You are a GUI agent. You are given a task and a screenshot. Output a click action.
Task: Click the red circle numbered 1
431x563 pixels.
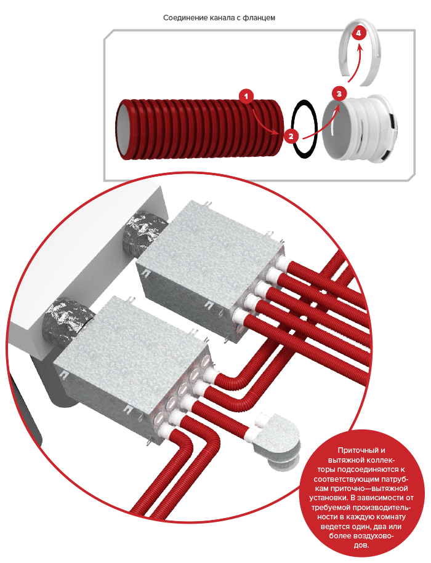pyautogui.click(x=246, y=96)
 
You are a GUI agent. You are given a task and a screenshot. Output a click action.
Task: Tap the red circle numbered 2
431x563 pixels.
pyautogui.click(x=291, y=136)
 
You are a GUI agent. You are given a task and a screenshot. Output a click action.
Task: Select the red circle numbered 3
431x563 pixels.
pyautogui.click(x=339, y=94)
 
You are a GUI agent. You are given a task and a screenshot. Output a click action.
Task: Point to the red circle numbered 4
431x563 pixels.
pyautogui.click(x=359, y=33)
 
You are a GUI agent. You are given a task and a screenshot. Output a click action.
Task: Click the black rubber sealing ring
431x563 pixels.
pyautogui.click(x=294, y=129)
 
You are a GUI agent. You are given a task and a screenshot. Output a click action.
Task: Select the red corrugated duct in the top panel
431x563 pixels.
pyautogui.click(x=199, y=129)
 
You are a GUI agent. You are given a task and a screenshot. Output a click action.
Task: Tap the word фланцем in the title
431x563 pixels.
pyautogui.click(x=262, y=18)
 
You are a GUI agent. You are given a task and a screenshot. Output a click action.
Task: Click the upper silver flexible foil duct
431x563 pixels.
pyautogui.click(x=143, y=234)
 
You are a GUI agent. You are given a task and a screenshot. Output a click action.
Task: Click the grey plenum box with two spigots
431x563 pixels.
pyautogui.click(x=276, y=442)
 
